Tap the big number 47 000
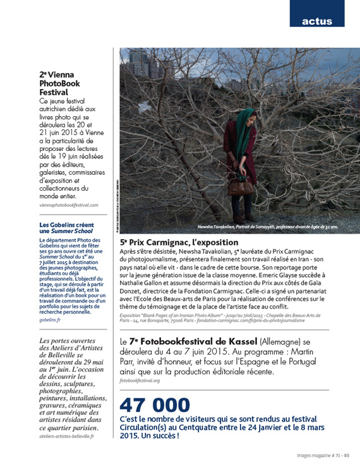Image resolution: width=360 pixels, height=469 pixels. pyautogui.click(x=154, y=405)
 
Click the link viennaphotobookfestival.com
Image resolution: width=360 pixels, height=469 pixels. pyautogui.click(x=69, y=206)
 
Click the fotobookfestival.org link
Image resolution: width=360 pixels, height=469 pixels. pyautogui.click(x=139, y=381)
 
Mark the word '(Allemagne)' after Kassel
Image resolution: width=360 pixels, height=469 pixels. pyautogui.click(x=286, y=343)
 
